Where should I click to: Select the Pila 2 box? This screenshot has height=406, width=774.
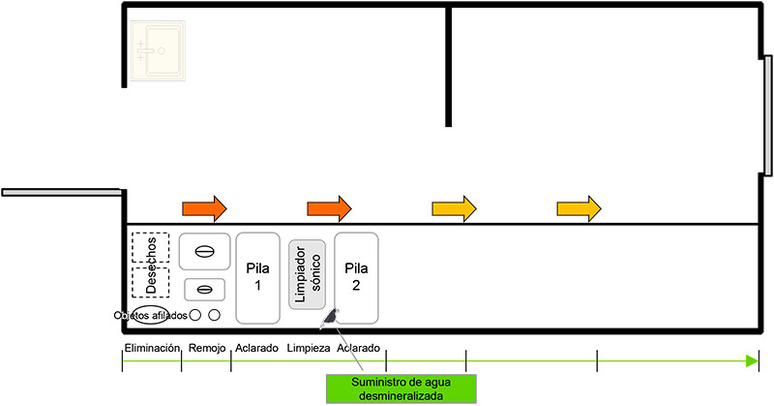(357, 278)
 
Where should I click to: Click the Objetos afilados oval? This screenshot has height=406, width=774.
(151, 314)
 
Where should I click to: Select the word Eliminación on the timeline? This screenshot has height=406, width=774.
(152, 348)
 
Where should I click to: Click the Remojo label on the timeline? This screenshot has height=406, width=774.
(206, 348)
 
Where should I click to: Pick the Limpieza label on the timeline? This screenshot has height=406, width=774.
(309, 348)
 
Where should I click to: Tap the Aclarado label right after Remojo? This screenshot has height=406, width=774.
(256, 348)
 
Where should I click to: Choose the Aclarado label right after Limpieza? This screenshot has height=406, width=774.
(359, 348)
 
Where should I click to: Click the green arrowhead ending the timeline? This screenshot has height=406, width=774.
(753, 361)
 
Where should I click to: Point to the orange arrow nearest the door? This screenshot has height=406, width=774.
(204, 206)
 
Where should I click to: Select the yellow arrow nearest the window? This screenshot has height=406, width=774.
(579, 206)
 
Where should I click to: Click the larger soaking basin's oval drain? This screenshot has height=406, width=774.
(204, 251)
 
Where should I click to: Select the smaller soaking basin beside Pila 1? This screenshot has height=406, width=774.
(204, 289)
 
